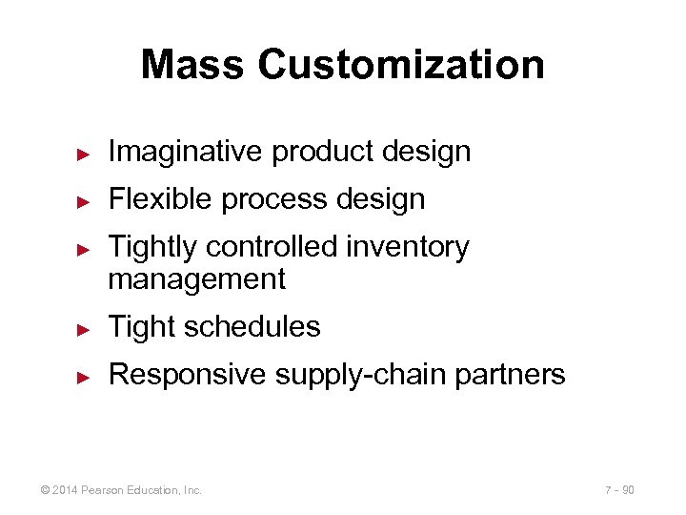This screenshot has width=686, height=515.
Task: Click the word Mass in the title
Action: coord(192,65)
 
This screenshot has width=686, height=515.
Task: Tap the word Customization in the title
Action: coord(400,65)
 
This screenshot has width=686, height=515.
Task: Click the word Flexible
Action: coord(157,199)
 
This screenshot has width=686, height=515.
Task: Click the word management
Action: coord(197,278)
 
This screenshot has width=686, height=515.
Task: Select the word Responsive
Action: coord(188,375)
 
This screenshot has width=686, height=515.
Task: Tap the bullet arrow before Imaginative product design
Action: coord(83,153)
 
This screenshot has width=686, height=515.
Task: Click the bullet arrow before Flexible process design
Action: coord(83,200)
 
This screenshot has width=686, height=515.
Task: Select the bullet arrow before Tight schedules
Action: coord(83,328)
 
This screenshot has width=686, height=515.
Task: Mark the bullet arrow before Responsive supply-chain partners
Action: coord(83,376)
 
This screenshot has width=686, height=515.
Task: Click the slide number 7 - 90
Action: coord(619,490)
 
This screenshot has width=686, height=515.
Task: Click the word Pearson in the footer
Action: coord(101,490)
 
